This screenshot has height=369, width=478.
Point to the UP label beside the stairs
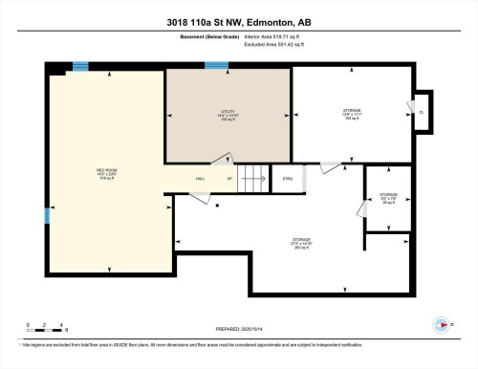coord(228,178)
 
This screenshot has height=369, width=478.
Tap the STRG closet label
coord(286,178)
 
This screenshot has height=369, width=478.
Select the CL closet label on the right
coord(422,113)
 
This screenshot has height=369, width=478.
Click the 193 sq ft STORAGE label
coord(352,114)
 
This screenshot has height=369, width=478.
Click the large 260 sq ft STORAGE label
coord(300,243)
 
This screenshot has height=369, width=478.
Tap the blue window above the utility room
coord(217,66)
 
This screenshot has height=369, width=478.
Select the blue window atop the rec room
coord(81,66)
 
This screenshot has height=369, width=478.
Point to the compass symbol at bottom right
coord(439,321)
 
